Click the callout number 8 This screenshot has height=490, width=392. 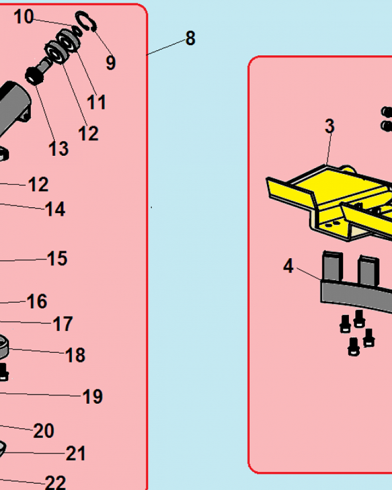[191, 38]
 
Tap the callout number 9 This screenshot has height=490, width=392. [111, 63]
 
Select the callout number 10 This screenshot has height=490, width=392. [24, 17]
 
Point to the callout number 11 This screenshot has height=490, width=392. [96, 102]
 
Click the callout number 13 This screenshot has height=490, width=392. [58, 149]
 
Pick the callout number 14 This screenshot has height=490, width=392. [55, 209]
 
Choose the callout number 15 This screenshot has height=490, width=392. [57, 258]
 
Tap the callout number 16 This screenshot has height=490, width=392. [37, 301]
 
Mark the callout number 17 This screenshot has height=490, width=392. [63, 324]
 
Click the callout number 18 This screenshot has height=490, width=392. [75, 355]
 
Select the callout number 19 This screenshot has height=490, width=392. [93, 396]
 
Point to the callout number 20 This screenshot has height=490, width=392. [44, 431]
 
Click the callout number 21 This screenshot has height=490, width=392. [75, 453]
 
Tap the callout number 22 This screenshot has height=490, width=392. [55, 483]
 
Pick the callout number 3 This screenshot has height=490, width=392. [330, 126]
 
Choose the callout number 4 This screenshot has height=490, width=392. [288, 266]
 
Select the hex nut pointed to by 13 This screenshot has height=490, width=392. [34, 76]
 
